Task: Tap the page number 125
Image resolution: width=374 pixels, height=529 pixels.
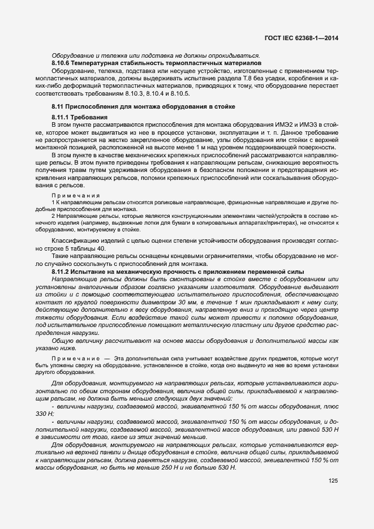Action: click(x=333, y=481)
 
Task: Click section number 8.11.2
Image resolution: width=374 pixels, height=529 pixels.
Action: click(x=62, y=272)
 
